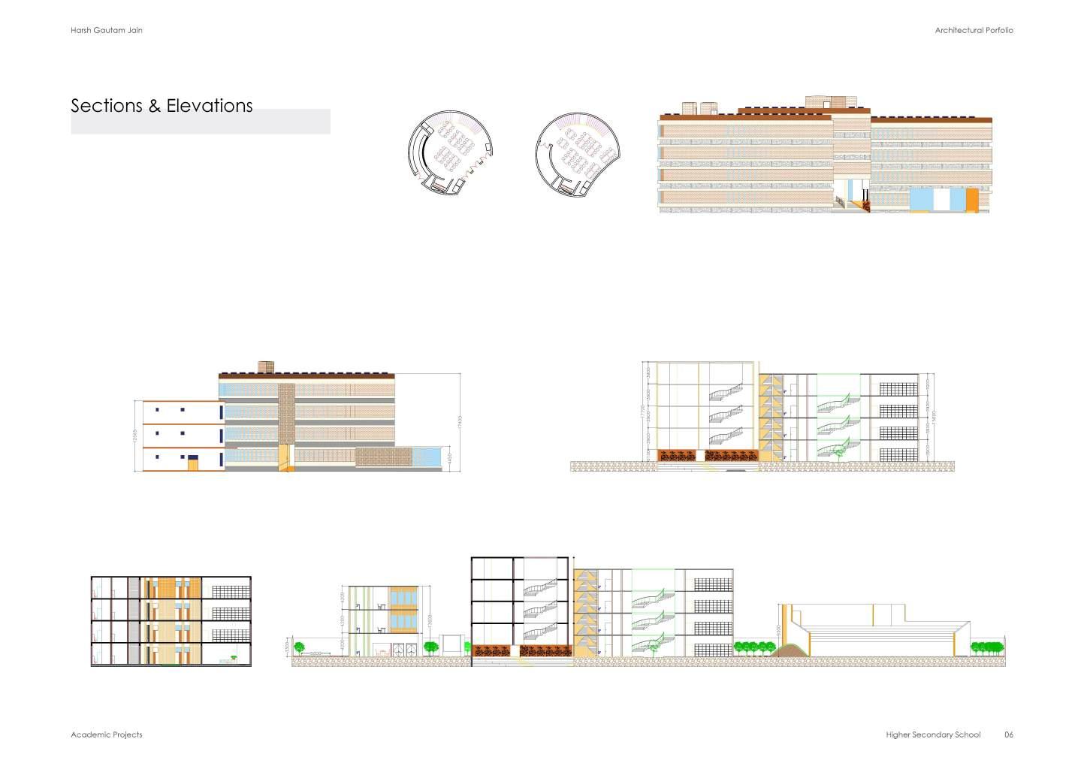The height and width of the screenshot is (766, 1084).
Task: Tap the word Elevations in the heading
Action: point(209,106)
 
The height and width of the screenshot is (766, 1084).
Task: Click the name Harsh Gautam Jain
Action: point(106,30)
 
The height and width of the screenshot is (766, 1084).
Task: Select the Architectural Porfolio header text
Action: point(974,30)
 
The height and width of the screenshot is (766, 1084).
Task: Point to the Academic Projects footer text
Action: point(106,734)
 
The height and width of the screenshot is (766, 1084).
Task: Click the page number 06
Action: point(1009,734)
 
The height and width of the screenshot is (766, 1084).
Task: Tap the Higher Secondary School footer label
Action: point(933,734)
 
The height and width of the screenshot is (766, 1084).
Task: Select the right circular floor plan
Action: point(575,154)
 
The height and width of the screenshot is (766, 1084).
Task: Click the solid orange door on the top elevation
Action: point(972,200)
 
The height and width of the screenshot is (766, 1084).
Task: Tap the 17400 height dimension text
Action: point(460,423)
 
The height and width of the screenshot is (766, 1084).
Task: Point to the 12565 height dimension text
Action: point(136,436)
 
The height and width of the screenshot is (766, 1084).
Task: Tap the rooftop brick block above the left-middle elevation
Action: point(265,366)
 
